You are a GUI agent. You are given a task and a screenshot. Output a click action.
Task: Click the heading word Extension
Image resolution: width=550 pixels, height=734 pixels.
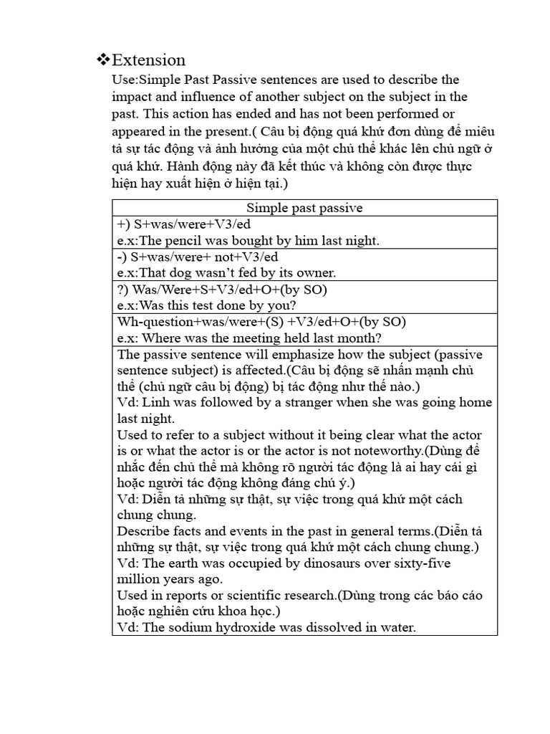(149, 59)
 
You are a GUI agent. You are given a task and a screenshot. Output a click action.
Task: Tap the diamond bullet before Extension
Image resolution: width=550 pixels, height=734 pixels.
(102, 59)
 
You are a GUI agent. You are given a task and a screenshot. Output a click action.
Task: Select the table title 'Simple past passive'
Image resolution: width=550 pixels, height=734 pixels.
(304, 208)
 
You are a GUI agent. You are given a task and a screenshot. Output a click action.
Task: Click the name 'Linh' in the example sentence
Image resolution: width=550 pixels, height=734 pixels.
(153, 403)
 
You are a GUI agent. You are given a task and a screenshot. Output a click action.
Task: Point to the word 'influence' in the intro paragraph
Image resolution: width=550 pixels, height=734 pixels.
(198, 97)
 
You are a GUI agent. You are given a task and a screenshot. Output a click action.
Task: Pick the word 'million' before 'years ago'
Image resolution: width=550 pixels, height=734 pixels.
(140, 579)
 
